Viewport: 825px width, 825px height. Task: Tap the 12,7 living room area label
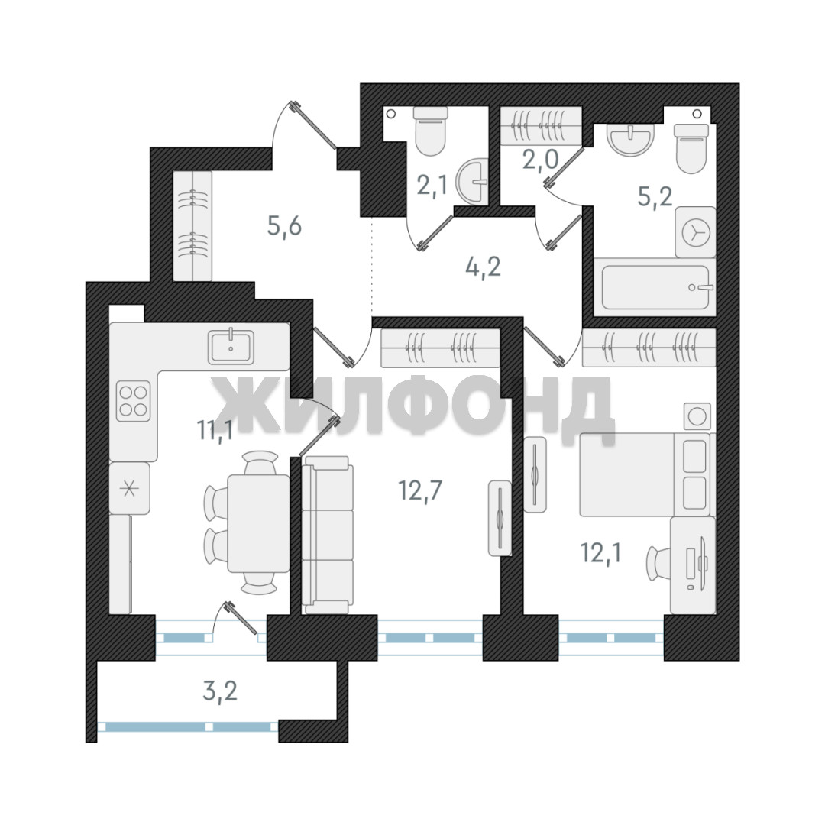pos(420,490)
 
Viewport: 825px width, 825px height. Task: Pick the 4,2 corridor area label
pos(483,267)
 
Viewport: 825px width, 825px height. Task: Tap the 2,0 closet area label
pos(540,159)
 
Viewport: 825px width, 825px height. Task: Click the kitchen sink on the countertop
pos(231,347)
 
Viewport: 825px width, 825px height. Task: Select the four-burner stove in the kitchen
pos(133,401)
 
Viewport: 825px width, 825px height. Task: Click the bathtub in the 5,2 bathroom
pos(655,286)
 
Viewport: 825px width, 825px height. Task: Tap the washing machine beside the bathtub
pos(696,232)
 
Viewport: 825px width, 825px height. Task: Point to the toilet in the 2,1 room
pos(431,131)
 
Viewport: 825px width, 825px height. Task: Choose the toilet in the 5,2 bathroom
pos(691,148)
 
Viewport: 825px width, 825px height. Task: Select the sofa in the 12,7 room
pos(327,535)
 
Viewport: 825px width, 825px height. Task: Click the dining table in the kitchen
pos(258,523)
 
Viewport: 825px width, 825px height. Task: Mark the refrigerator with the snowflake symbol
pos(129,489)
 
